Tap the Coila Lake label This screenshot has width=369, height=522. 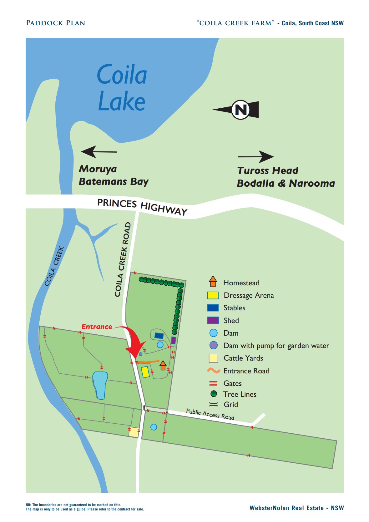pyautogui.click(x=122, y=88)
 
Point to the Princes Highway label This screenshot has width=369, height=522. pyautogui.click(x=142, y=206)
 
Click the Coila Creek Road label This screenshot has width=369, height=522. pyautogui.click(x=123, y=259)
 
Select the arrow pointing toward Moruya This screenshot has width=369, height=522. pyautogui.click(x=99, y=152)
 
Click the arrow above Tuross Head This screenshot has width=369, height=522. pyautogui.click(x=256, y=157)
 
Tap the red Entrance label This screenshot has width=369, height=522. pyautogui.click(x=97, y=327)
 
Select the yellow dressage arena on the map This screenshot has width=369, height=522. pyautogui.click(x=145, y=372)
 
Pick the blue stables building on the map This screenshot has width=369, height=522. pyautogui.click(x=159, y=336)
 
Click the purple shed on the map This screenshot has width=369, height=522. pyautogui.click(x=174, y=340)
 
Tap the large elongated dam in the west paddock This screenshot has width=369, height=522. pyautogui.click(x=100, y=385)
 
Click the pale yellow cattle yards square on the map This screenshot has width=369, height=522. pyautogui.click(x=134, y=432)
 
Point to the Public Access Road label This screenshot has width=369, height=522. pyautogui.click(x=210, y=414)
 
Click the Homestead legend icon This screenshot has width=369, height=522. pyautogui.click(x=213, y=281)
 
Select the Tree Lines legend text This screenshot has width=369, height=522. pyautogui.click(x=240, y=394)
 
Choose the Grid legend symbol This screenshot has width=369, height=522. pyautogui.click(x=214, y=404)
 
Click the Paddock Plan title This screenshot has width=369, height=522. pyautogui.click(x=56, y=23)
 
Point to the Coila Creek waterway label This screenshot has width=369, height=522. pyautogui.click(x=54, y=266)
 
